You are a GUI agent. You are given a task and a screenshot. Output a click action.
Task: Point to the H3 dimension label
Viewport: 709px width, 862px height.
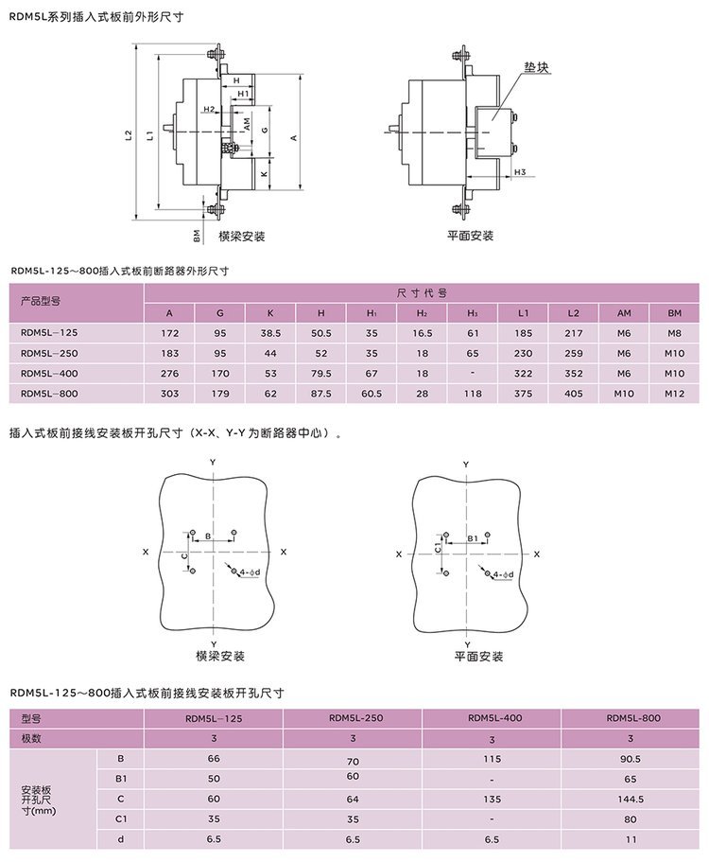[x=519, y=172]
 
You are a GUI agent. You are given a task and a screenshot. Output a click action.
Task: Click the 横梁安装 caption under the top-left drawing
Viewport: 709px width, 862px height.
[x=242, y=236]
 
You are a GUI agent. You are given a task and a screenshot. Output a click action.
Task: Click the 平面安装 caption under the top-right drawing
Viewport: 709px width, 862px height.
[x=471, y=236]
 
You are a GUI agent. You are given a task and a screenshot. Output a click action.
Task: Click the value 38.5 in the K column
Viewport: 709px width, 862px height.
[x=270, y=333]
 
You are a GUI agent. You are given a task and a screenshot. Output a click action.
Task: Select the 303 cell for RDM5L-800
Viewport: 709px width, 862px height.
[x=169, y=394]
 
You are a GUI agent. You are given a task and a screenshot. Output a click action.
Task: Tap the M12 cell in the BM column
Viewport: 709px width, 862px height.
[x=674, y=394]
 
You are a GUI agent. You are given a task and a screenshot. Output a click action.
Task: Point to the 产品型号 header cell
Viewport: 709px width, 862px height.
[x=41, y=302]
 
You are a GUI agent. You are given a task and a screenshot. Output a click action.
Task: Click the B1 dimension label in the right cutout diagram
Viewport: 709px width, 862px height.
[x=473, y=537]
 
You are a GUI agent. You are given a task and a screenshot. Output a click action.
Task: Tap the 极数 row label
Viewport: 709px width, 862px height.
[x=32, y=738]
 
